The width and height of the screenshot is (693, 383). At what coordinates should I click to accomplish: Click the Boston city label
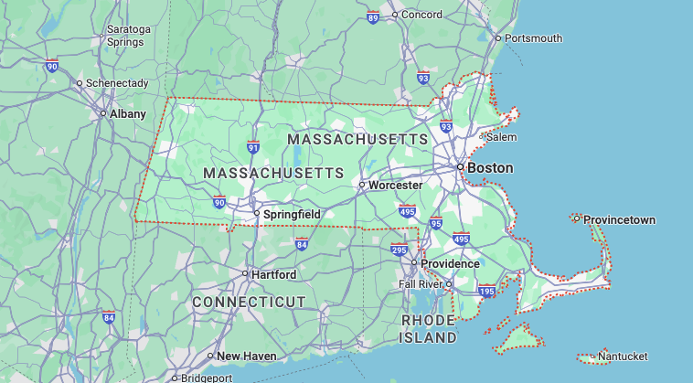click(490, 168)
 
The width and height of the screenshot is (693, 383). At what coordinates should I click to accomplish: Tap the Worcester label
click(395, 185)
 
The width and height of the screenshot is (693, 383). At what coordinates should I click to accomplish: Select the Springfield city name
click(292, 214)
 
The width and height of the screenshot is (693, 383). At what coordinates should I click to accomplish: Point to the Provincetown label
click(619, 220)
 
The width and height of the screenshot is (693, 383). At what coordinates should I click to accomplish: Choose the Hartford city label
click(273, 274)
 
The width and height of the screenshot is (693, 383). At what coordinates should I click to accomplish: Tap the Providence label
click(450, 263)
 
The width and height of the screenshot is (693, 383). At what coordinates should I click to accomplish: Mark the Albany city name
click(127, 114)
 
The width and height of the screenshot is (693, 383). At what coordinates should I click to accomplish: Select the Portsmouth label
click(534, 38)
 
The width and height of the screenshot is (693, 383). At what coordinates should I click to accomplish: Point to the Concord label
click(422, 15)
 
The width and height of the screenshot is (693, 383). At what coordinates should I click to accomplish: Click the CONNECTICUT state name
click(249, 302)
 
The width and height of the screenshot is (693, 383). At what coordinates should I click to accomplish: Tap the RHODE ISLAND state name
click(428, 329)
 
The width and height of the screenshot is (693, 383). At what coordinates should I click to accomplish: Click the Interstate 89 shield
click(373, 17)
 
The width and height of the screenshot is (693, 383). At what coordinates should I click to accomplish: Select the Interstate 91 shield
click(253, 146)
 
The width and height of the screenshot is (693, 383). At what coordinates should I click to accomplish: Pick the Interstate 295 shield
click(399, 249)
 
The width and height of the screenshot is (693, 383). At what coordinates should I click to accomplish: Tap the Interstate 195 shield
click(486, 291)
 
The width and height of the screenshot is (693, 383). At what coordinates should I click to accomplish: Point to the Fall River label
click(421, 284)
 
